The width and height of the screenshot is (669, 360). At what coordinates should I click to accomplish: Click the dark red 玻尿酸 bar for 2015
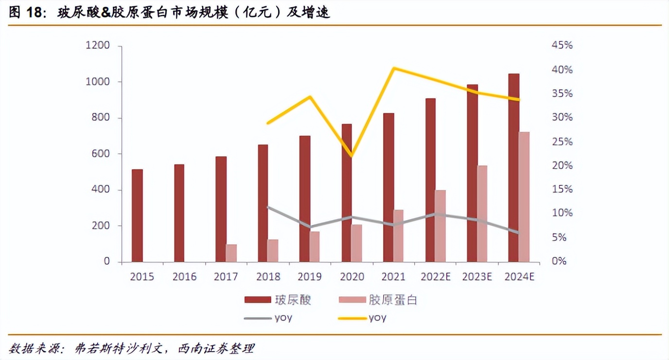tap(137, 216)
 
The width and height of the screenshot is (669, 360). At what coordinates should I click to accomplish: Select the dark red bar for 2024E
tap(513, 168)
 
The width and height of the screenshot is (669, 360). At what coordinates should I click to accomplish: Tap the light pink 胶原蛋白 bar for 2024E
tap(524, 197)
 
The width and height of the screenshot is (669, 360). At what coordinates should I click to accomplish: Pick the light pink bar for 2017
tap(231, 253)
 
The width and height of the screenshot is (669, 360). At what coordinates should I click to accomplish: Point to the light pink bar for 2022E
tap(440, 226)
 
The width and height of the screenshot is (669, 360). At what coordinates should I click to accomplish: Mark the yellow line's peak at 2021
tap(393, 68)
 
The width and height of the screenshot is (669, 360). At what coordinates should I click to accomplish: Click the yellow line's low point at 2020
tap(352, 156)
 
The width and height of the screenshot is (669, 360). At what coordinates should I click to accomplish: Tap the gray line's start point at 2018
tap(268, 207)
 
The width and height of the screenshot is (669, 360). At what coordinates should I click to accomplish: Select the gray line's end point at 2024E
tap(519, 233)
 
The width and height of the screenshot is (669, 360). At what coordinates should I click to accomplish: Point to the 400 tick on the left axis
tap(101, 190)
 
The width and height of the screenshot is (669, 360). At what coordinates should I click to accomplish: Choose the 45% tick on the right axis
tap(562, 46)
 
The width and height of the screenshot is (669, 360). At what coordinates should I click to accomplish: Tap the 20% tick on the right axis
tap(562, 166)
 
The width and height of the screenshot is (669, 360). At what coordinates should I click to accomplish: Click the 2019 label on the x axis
tap(310, 277)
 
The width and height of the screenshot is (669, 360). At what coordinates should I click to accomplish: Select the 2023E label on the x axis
tap(477, 277)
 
